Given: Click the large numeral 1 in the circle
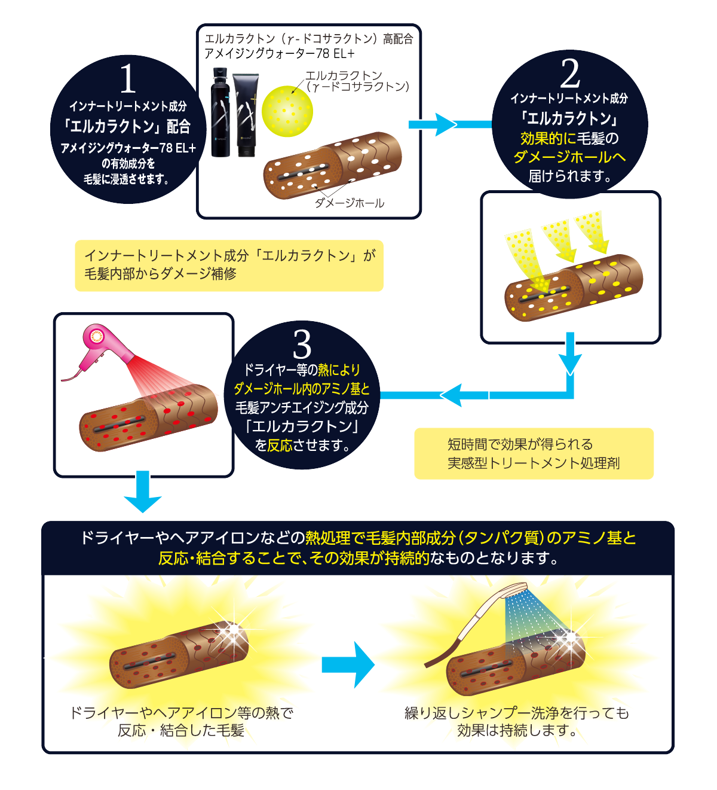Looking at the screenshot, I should point(128,79).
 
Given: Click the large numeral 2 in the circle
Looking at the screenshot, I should point(570,74).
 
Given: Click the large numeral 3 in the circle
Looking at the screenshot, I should point(302,344).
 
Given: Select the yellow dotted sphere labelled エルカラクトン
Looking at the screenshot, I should point(287,111).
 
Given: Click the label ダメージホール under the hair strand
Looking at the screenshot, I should point(350,203).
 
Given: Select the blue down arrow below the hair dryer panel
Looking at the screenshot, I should point(143,492).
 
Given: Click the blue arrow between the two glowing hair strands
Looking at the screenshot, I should point(348,664).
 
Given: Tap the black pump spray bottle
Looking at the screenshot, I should point(220,113).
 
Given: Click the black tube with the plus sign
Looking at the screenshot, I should point(245,114).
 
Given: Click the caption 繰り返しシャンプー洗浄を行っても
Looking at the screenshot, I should point(517,713).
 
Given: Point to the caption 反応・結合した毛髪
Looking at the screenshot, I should point(181,731).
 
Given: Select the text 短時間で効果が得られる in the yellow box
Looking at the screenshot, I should point(520,444).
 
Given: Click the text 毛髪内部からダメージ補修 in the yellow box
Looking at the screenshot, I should point(160,274).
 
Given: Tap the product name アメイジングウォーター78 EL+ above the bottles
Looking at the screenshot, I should point(280,54).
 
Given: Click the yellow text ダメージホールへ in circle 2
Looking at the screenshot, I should point(569,157).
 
